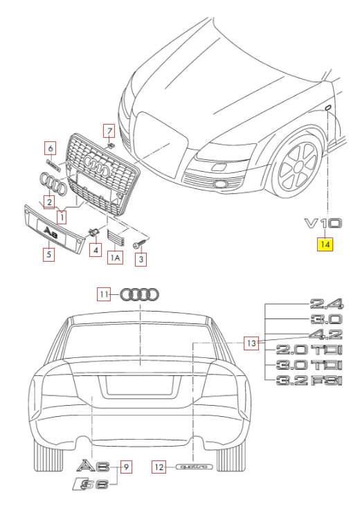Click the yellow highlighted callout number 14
pyautogui.click(x=325, y=244)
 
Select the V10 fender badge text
pyautogui.click(x=323, y=224)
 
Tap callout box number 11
pyautogui.click(x=103, y=294)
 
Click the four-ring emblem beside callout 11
pyautogui.click(x=140, y=294)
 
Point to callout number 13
pyautogui.click(x=253, y=342)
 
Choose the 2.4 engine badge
pyautogui.click(x=326, y=303)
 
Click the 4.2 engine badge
pyautogui.click(x=326, y=334)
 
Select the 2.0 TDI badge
pyautogui.click(x=309, y=350)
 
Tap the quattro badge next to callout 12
pyautogui.click(x=193, y=467)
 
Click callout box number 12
pyautogui.click(x=159, y=467)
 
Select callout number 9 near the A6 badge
pyautogui.click(x=126, y=467)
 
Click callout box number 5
pyautogui.click(x=48, y=254)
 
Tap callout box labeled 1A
pyautogui.click(x=116, y=258)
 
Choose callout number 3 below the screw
pyautogui.click(x=141, y=260)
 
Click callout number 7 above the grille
pyautogui.click(x=109, y=130)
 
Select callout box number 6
pyautogui.click(x=50, y=147)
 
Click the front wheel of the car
pyautogui.click(x=302, y=170)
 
